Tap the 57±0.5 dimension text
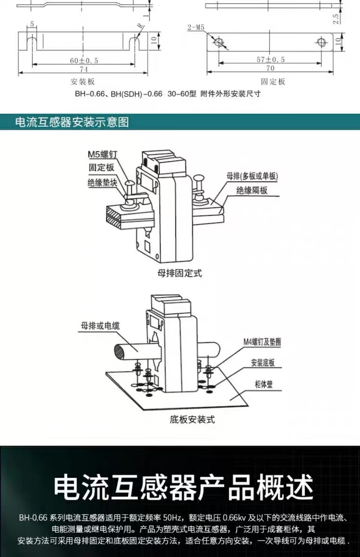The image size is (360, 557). point(271,59)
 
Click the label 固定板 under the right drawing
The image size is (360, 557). point(273,82)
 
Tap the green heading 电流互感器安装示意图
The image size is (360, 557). point(72,122)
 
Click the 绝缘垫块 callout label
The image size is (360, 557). point(101,182)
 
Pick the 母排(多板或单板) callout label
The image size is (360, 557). point(252,176)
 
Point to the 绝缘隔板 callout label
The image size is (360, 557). point(251,190)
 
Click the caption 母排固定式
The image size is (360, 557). point(180,273)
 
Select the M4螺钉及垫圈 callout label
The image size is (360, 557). point(263,342)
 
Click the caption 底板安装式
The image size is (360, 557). point(192,420)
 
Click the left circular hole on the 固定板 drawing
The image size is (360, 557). point(219,42)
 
